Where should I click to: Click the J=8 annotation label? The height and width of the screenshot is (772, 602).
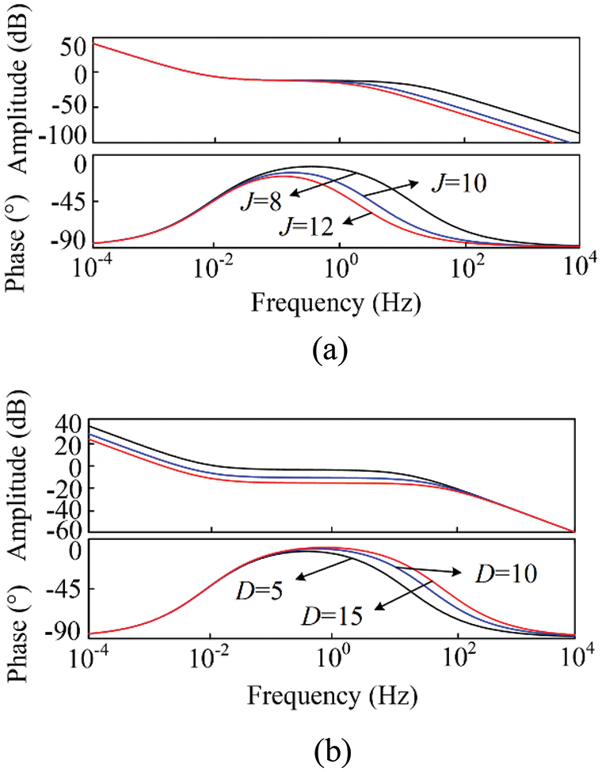261,202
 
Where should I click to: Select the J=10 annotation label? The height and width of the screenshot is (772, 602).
457,184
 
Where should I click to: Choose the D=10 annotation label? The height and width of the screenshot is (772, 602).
503,573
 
